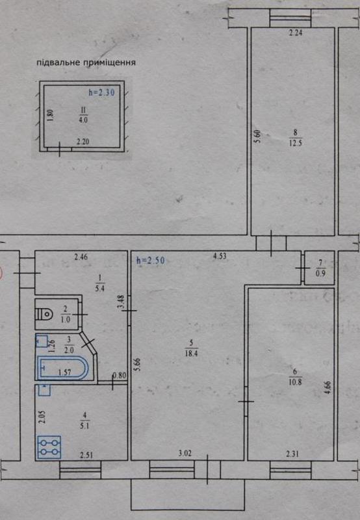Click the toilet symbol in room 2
point(45,313)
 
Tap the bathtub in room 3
point(63,367)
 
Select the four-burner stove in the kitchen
point(49,447)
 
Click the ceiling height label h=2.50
point(151,261)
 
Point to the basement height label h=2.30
point(101,92)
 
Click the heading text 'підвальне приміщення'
point(86,62)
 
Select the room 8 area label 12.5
point(296,143)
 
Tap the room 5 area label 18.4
point(191,353)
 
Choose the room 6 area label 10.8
point(295,382)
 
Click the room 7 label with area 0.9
point(320,269)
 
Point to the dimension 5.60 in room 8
point(258,136)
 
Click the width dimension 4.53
point(220,256)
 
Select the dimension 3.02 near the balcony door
point(185,453)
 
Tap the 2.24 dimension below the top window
point(296,32)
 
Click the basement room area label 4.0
point(83,120)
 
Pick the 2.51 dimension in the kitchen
point(86,455)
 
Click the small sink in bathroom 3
point(41,341)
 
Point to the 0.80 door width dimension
point(120,376)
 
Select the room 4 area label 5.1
point(84,426)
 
